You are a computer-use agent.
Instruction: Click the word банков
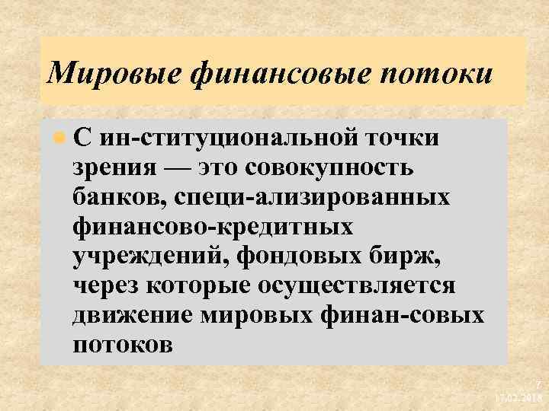(119, 197)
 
